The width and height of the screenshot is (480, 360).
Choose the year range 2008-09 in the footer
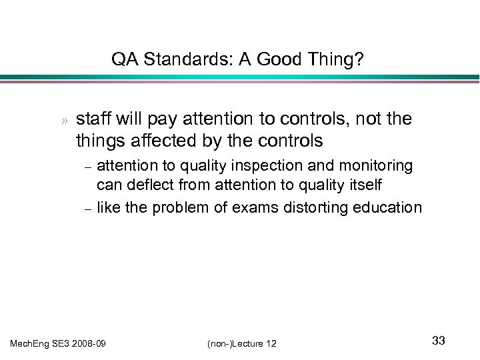point(93,343)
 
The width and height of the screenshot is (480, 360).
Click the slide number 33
point(438,341)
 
